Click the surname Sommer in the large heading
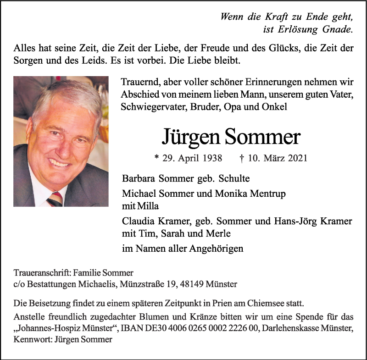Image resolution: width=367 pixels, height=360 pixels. pyautogui.click(x=262, y=137)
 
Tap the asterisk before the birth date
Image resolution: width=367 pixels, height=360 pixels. pyautogui.click(x=157, y=157)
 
